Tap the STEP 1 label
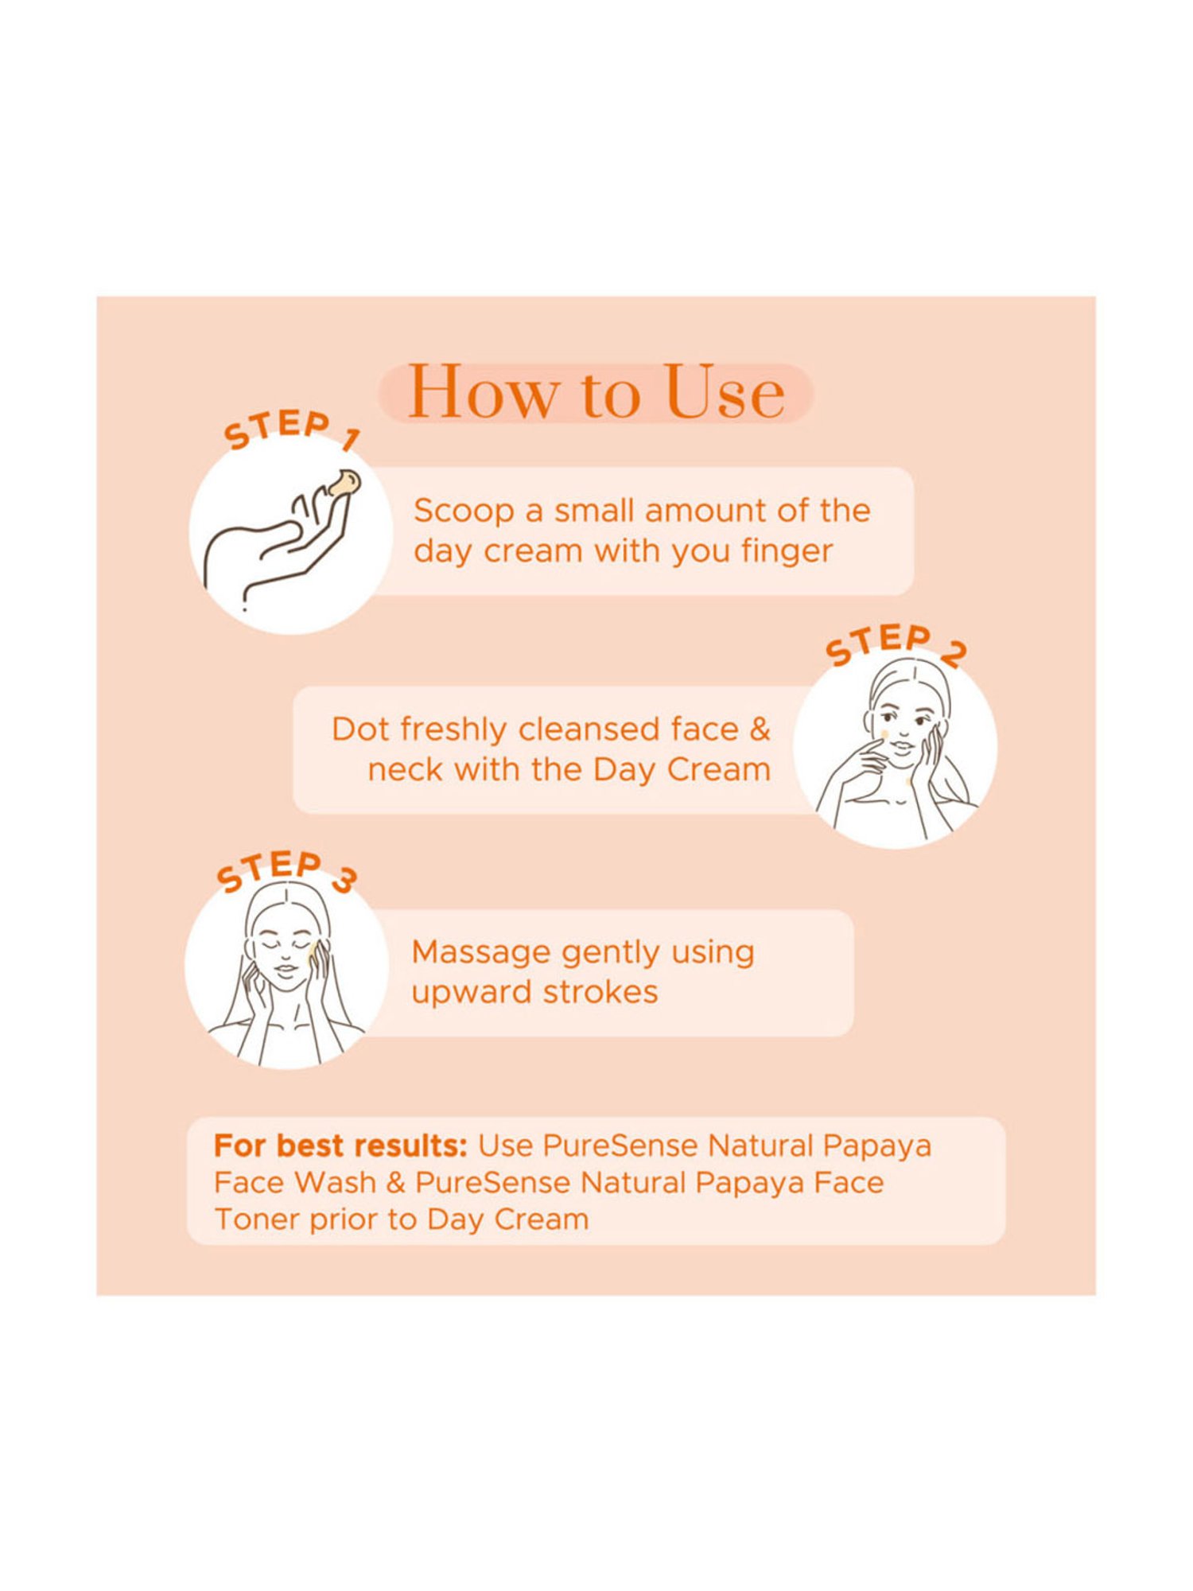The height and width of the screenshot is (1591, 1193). [291, 430]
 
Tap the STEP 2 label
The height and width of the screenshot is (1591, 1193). [895, 644]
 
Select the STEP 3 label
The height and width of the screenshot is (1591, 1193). [286, 871]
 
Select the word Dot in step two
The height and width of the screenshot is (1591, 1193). [360, 729]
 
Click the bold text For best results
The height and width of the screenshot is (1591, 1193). [340, 1146]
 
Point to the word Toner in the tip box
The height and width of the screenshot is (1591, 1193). [257, 1220]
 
